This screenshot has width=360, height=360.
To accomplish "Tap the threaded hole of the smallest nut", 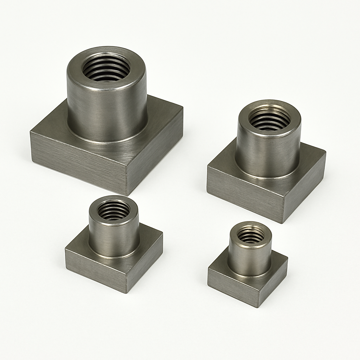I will (250, 235).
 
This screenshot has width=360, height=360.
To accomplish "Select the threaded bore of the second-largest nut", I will (269, 119).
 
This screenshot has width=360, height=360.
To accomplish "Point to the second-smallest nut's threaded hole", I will (114, 210).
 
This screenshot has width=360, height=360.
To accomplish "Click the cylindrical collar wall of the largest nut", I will (105, 112).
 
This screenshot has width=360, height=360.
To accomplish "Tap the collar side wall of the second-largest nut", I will (268, 155).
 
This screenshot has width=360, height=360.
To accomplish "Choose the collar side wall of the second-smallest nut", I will (113, 239).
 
